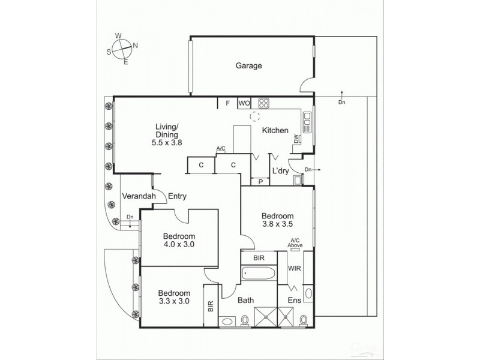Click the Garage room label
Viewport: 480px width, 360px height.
tap(248, 66)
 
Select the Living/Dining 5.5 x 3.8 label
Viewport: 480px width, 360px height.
tap(167, 134)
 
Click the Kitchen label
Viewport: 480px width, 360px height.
tap(275, 130)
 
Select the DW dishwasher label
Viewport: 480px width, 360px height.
tap(296, 140)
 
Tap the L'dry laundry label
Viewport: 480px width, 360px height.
tap(281, 171)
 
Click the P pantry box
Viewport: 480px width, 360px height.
tap(261, 181)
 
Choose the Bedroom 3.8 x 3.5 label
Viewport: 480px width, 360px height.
tap(277, 220)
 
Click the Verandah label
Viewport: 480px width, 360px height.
tap(139, 196)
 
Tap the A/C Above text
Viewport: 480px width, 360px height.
tap(295, 242)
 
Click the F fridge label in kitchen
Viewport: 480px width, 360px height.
tap(227, 103)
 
